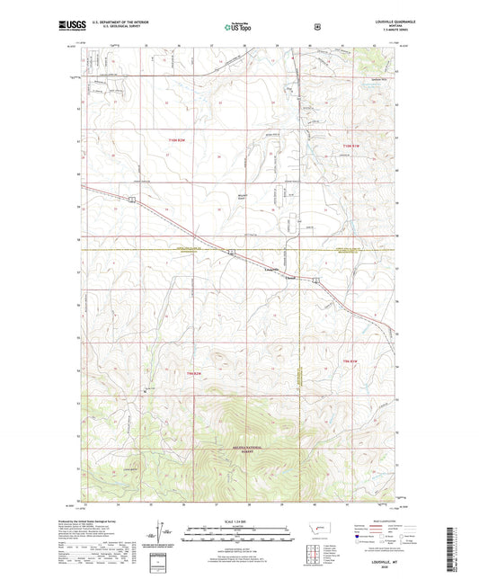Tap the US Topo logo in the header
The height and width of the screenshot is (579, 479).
[238, 28]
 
